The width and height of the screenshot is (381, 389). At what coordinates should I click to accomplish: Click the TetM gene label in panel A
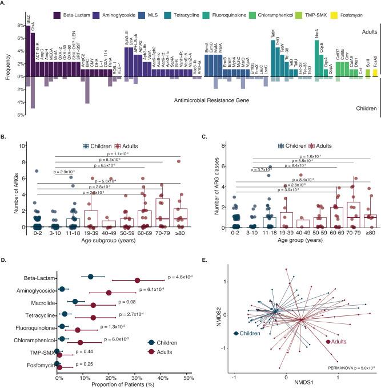click(x=273, y=33)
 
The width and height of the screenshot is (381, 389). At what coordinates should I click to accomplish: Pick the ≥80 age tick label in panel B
click(x=178, y=233)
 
